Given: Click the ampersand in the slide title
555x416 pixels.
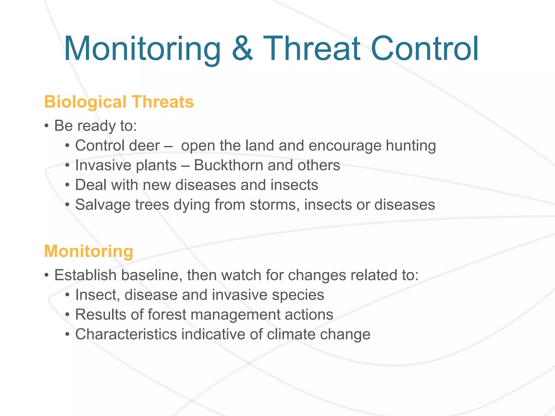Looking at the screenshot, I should tap(243, 49).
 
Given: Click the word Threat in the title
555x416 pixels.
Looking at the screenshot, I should tap(312, 49).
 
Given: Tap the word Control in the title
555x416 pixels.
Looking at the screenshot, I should tap(424, 49).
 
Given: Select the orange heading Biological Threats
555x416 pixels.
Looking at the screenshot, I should tap(119, 102).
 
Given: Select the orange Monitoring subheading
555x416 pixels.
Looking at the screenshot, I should tap(89, 251).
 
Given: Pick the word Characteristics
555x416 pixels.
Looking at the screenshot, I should tap(126, 334).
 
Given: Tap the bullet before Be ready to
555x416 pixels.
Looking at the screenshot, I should tap(47, 126).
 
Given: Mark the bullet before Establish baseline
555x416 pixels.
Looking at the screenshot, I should tap(47, 275).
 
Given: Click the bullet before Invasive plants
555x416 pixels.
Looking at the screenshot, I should tap(67, 165).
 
